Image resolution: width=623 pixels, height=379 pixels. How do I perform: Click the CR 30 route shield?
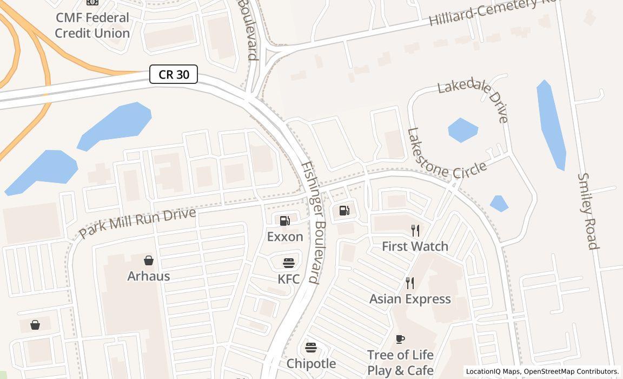pos(174,74)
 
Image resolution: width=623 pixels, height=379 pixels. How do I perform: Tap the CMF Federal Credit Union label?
pos(92,25)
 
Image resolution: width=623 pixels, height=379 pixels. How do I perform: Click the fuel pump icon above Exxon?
pos(285,220)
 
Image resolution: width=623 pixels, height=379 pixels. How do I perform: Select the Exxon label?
pos(285,237)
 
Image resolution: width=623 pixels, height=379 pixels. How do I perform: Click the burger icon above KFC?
pos(289,263)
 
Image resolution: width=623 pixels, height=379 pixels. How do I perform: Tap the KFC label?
pos(289,279)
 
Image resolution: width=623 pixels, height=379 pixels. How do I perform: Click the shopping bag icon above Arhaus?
pos(149,260)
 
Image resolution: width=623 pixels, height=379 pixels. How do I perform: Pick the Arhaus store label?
pos(149,276)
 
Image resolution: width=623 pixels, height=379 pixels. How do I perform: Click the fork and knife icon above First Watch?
pos(415,231)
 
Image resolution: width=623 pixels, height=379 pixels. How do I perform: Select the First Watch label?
pos(415,246)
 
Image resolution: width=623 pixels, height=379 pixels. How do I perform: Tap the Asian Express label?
pos(410,299)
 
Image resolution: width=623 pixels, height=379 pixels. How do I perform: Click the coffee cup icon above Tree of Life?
pos(400,339)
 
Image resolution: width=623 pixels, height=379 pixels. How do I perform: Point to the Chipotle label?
pos(311,363)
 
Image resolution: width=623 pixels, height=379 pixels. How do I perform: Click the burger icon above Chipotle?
pos(311,347)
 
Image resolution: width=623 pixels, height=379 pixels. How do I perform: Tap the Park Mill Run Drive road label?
pos(137,223)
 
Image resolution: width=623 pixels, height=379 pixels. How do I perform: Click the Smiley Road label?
pos(588,211)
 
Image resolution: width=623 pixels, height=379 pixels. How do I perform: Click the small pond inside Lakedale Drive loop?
pos(463,130)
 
